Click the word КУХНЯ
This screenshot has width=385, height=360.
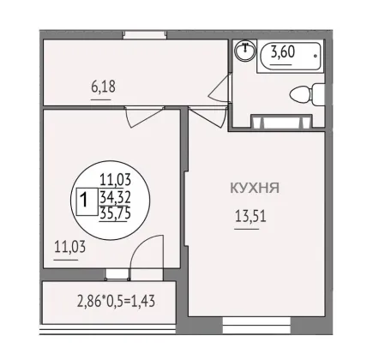click(255, 188)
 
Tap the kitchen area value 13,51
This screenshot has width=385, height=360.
click(250, 216)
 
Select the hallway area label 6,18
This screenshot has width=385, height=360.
click(103, 87)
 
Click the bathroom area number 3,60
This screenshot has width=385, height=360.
click(283, 52)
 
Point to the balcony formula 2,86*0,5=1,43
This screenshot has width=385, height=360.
click(116, 301)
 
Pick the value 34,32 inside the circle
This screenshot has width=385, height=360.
click(115, 197)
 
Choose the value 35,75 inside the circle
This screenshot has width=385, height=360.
click(115, 213)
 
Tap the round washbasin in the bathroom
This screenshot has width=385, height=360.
click(245, 51)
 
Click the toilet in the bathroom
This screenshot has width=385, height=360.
click(307, 94)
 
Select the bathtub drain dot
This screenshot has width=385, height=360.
click(316, 56)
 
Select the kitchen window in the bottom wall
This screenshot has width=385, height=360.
click(256, 325)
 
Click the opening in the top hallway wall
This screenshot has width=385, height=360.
click(145, 35)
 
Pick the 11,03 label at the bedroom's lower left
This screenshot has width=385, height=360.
click(69, 247)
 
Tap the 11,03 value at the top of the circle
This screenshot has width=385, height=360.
click(115, 180)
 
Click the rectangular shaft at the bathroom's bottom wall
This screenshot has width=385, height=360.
click(281, 121)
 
